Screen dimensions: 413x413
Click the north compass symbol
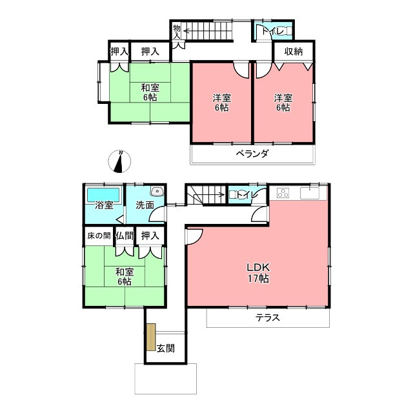tap(119, 161)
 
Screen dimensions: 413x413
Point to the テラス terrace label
tap(267, 317)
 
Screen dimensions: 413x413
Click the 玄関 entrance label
tap(166, 348)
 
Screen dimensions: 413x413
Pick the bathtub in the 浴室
tap(103, 194)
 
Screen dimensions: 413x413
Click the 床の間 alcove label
tap(99, 236)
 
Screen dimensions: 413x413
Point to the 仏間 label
tap(125, 236)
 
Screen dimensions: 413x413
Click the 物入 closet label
tap(176, 32)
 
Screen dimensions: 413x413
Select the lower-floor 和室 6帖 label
tap(125, 276)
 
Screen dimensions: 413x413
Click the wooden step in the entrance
tap(151, 337)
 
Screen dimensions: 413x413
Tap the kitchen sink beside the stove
tap(313, 192)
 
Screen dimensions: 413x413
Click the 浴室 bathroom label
tap(104, 206)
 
